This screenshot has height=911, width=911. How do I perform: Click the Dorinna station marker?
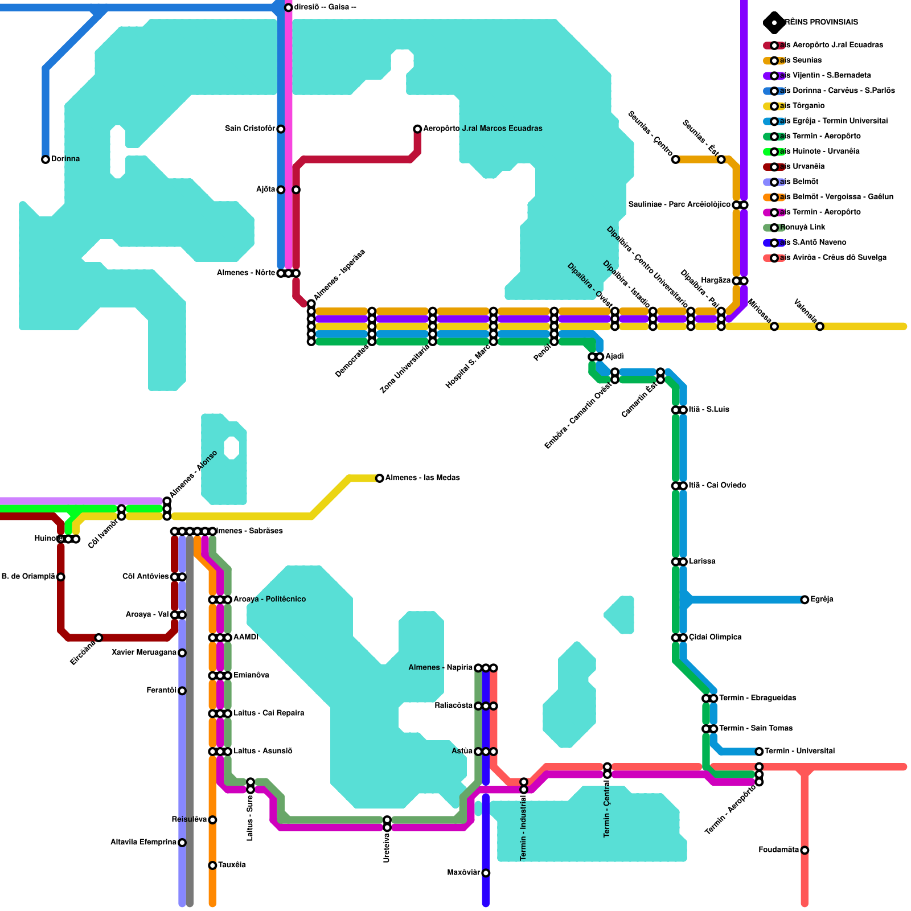click(46, 159)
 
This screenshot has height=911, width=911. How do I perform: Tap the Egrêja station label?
click(822, 600)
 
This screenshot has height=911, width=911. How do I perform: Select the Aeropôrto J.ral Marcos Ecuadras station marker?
click(417, 129)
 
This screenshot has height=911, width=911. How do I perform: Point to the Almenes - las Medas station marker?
click(380, 478)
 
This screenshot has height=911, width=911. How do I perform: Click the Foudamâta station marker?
click(805, 851)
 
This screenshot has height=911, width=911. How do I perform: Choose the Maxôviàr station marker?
click(486, 873)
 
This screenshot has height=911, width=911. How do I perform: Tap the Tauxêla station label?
click(232, 865)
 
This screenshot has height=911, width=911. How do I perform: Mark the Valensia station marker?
click(820, 327)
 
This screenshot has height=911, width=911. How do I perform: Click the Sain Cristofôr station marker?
click(281, 129)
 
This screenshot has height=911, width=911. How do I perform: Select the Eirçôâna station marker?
click(99, 638)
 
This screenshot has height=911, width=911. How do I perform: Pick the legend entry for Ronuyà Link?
click(803, 227)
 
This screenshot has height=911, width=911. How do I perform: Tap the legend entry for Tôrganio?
click(802, 106)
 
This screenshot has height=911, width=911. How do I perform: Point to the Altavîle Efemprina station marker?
click(182, 843)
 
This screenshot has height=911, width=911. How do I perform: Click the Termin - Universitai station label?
click(799, 752)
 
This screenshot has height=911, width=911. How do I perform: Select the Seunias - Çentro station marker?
click(675, 159)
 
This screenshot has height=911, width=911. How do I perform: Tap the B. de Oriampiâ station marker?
click(61, 577)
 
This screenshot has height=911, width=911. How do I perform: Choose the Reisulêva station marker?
click(212, 820)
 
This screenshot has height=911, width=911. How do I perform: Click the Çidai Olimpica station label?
click(715, 638)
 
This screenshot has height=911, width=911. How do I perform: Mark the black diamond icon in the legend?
click(774, 23)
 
